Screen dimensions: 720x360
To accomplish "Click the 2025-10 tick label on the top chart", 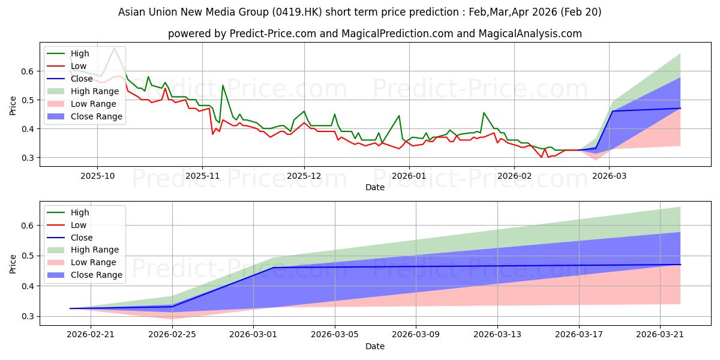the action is (x=97, y=176).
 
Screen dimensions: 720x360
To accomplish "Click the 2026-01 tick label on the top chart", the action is (x=409, y=176).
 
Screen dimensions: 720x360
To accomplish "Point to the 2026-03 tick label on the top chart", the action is (x=609, y=176).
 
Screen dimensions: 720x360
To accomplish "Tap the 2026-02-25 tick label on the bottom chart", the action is (x=172, y=335).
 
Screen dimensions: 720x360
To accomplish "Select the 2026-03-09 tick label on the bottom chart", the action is (x=416, y=335).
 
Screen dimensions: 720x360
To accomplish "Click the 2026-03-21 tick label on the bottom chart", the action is (x=660, y=335).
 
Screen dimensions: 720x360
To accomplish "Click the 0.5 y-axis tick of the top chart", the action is (x=28, y=100).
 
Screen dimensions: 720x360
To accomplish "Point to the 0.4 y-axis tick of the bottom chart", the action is (x=28, y=286).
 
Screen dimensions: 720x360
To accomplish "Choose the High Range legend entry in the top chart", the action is (x=83, y=91).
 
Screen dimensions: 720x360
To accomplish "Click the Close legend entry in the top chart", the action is (x=70, y=79).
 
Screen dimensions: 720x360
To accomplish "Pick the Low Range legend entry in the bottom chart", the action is (x=82, y=262).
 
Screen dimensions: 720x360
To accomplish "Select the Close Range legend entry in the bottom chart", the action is (x=85, y=275).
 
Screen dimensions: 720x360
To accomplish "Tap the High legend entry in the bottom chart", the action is (x=68, y=212).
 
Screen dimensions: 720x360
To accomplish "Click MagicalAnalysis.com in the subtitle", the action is (x=530, y=34).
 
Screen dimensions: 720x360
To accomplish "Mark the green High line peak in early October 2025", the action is (x=115, y=47).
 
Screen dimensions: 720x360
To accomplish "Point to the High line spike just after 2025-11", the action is (x=223, y=85).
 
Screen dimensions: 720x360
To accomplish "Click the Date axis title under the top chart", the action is (x=375, y=187).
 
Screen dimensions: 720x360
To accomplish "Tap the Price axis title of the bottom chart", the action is (x=13, y=264).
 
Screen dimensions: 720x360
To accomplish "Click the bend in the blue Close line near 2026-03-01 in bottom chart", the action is (x=274, y=268).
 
